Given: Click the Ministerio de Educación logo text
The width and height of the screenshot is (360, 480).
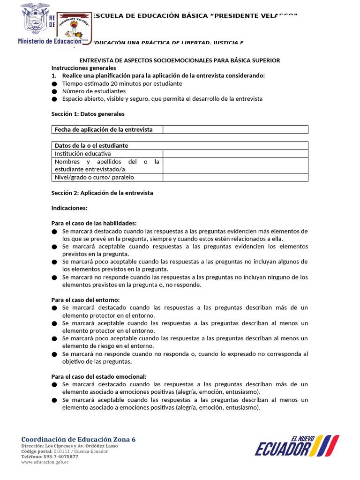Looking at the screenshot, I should (49, 41).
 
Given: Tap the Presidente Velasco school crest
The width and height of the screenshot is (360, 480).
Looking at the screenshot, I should (74, 29).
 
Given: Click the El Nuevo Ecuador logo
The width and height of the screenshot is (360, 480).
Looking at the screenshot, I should (297, 445).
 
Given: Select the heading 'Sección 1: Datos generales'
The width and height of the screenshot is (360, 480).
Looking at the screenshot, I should (88, 114).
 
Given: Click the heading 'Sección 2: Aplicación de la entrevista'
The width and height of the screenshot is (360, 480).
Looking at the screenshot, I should (102, 193).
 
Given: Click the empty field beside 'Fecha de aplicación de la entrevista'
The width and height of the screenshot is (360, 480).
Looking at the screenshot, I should (235, 129).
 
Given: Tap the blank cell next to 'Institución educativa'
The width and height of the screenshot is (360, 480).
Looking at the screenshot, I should (235, 153).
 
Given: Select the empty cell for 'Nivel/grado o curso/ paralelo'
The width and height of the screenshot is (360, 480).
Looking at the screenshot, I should (235, 177).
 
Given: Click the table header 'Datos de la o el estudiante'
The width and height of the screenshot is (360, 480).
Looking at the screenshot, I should (91, 145).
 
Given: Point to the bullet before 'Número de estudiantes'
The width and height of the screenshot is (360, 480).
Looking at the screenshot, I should (54, 91).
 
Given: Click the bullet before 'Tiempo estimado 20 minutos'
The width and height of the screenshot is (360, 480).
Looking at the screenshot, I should (54, 84).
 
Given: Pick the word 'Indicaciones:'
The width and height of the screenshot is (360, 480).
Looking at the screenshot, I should (69, 208).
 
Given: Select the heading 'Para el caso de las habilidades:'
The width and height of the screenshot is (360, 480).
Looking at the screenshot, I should (94, 223).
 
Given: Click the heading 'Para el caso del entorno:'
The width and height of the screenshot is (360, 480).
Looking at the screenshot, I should (85, 300).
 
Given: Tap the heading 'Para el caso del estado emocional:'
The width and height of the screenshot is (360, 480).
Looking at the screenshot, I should (98, 376).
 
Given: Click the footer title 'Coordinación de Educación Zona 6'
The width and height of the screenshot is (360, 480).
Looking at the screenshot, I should (78, 439).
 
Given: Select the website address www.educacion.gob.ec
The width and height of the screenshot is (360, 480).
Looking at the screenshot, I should (45, 462).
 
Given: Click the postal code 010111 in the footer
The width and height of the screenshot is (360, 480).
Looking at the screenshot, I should (55, 451).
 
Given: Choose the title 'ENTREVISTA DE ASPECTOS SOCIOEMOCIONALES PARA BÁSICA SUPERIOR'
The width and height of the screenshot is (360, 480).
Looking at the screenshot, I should (180, 60).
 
